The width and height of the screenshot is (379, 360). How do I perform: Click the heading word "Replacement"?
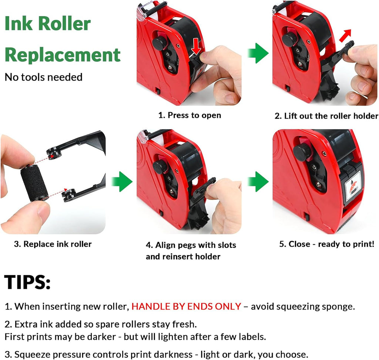tap(63, 56)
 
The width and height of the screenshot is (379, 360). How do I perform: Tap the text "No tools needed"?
tap(44, 77)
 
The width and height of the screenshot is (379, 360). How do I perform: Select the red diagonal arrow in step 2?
tap(345, 35)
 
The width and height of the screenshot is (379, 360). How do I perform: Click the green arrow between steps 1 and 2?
tap(258, 53)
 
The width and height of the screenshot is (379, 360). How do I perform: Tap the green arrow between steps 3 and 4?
tap(122, 182)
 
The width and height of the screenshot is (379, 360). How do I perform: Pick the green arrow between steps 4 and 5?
tap(258, 182)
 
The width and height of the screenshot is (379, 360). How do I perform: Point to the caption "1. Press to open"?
tap(190, 115)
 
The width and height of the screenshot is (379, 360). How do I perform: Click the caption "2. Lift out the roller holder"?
tap(326, 116)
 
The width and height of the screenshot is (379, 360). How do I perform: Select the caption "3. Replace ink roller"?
tap(53, 244)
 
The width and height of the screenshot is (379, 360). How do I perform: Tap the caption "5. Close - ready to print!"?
tap(327, 244)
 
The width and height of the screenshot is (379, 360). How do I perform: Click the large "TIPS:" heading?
tap(27, 282)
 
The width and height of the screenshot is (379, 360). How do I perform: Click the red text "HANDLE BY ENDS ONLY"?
tap(186, 307)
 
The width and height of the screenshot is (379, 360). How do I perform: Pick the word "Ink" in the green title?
tap(19, 23)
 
